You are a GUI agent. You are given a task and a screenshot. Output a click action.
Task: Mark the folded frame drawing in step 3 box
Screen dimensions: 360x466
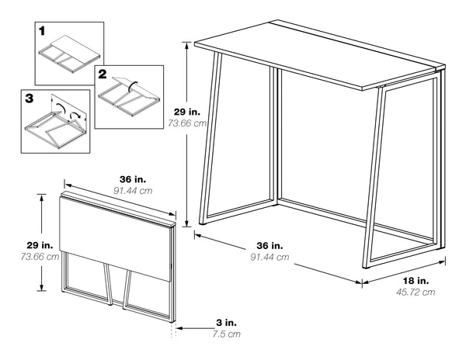point(54,124)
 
